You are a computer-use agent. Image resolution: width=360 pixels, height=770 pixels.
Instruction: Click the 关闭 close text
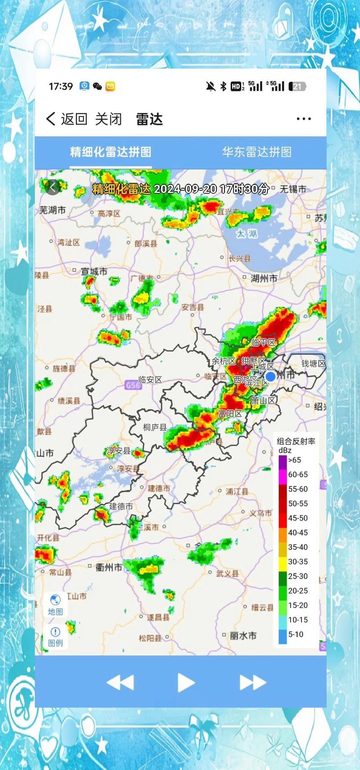108,119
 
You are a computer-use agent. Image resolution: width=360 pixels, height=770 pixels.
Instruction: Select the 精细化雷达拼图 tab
110,152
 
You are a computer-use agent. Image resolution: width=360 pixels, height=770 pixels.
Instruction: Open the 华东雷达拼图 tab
256,152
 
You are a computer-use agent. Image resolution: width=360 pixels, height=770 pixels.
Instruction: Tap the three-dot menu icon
304,119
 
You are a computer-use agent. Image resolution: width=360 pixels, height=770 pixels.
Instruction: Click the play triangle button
185,682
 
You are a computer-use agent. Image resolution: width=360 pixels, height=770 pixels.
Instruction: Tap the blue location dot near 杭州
270,376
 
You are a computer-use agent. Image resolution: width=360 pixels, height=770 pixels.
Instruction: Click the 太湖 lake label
247,233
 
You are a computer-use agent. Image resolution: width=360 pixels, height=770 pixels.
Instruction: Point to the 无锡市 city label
292,189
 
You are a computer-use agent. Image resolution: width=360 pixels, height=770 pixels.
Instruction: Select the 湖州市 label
264,279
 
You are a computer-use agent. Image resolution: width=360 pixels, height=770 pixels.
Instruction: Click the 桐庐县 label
155,427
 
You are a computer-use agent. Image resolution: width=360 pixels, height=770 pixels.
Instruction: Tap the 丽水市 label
243,636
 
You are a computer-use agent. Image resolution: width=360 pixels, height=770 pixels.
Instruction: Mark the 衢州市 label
109,568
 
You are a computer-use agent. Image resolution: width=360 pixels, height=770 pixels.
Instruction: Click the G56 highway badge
133,385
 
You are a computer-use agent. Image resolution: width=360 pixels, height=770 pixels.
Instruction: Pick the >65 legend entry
294,460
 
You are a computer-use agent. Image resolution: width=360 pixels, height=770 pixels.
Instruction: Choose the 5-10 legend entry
296,635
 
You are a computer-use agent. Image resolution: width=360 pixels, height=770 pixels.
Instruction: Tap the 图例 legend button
55,636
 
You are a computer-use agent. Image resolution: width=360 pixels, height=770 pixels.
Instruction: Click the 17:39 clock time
61,86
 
